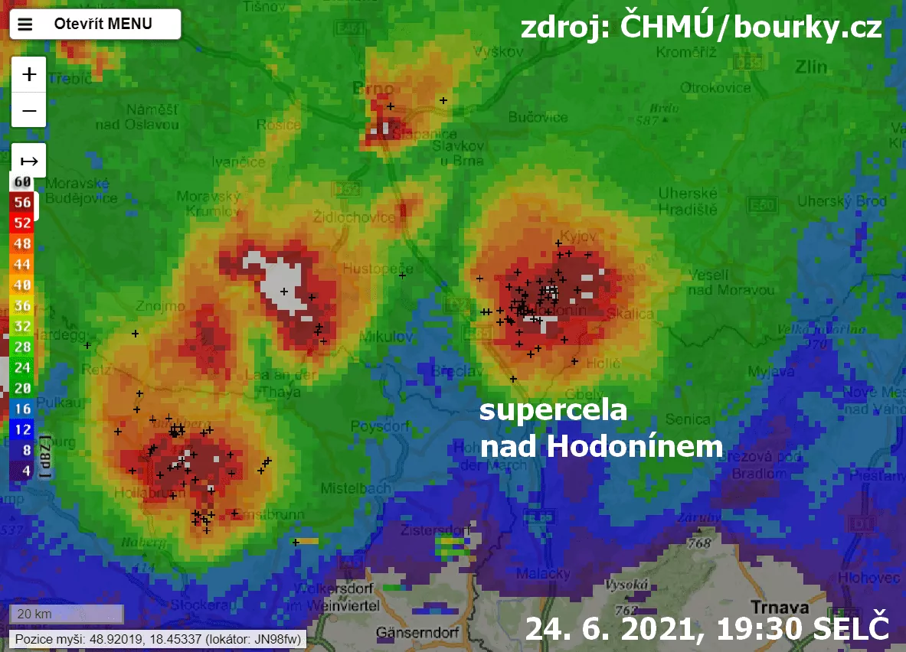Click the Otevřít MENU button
point(95,24)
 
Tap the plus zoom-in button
point(29,74)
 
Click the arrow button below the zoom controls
point(29,161)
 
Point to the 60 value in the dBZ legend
point(22,182)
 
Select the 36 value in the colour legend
point(22,305)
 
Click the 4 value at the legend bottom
point(25,471)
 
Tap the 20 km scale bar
point(66,614)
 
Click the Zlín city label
point(810,67)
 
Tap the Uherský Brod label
point(842,202)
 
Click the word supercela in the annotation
point(553,410)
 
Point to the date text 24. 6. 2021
point(617,628)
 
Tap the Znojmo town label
point(157,306)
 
